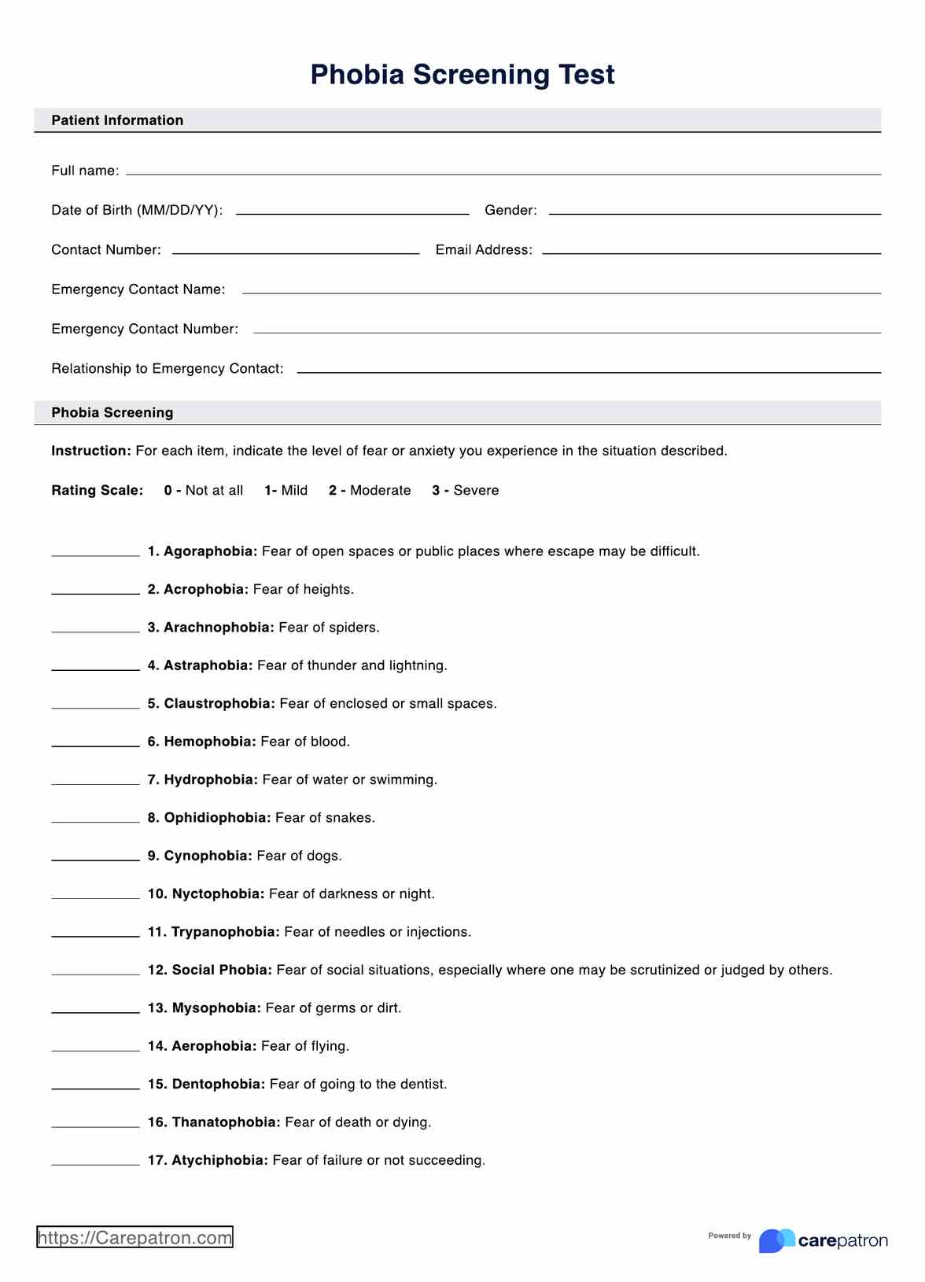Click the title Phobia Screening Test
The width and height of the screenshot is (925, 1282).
[462, 75]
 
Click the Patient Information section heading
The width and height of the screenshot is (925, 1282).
[117, 120]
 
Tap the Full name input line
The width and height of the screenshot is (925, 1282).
[503, 171]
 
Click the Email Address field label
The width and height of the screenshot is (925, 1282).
[484, 250]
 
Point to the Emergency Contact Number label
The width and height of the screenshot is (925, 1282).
[145, 329]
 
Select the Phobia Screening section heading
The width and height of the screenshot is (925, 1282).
[112, 413]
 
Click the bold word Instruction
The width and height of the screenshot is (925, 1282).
[90, 451]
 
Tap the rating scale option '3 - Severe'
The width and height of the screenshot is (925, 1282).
[466, 491]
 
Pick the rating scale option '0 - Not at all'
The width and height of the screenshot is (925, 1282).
[204, 491]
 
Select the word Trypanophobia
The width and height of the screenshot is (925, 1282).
[225, 932]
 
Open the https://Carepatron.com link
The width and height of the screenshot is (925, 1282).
[135, 1238]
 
